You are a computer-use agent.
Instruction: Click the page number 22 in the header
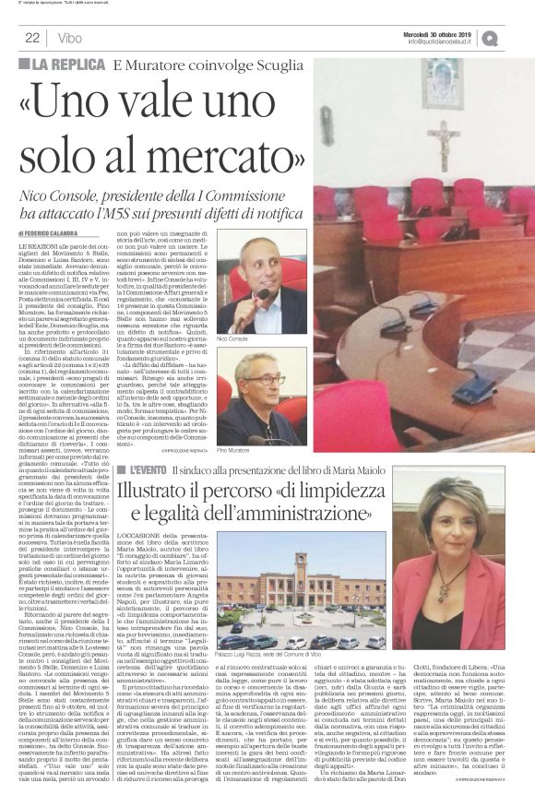pyautogui.click(x=31, y=38)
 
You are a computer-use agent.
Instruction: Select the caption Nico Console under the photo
pyautogui.click(x=231, y=339)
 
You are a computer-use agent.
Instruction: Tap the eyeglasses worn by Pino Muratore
pyautogui.click(x=264, y=379)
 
